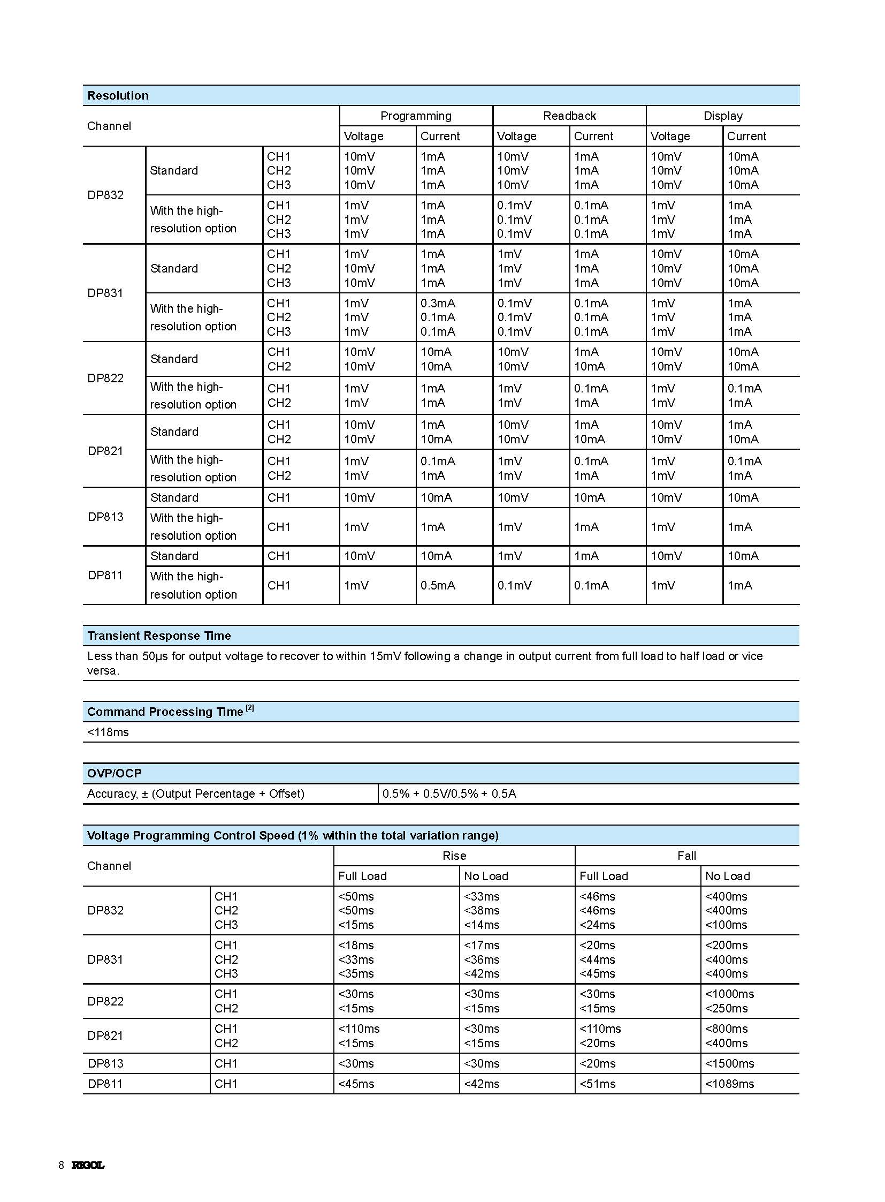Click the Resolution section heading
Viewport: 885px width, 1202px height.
point(118,95)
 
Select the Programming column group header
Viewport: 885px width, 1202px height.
point(416,116)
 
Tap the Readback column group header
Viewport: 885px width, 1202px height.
point(569,116)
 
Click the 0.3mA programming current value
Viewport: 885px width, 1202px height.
point(438,303)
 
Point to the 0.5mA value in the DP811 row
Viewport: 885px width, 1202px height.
point(438,585)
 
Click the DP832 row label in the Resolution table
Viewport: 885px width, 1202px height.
point(105,195)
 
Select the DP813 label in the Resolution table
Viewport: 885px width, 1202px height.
point(105,517)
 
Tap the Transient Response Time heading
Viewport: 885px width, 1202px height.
point(159,636)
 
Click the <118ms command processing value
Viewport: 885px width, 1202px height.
point(108,732)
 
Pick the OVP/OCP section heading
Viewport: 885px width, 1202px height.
point(115,773)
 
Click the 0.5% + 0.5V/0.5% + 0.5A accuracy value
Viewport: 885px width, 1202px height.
point(449,793)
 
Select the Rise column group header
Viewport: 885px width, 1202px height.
point(454,856)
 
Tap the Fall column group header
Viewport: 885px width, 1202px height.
point(687,856)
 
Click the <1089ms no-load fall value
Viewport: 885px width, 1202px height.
point(729,1084)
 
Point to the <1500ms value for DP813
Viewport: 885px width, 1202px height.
point(729,1063)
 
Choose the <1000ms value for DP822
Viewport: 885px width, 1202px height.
point(729,994)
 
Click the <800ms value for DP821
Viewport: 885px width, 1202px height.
point(726,1029)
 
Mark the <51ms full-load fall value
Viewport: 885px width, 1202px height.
point(597,1084)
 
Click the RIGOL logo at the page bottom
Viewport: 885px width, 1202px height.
point(88,1165)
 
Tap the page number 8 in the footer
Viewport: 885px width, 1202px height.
point(61,1165)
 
